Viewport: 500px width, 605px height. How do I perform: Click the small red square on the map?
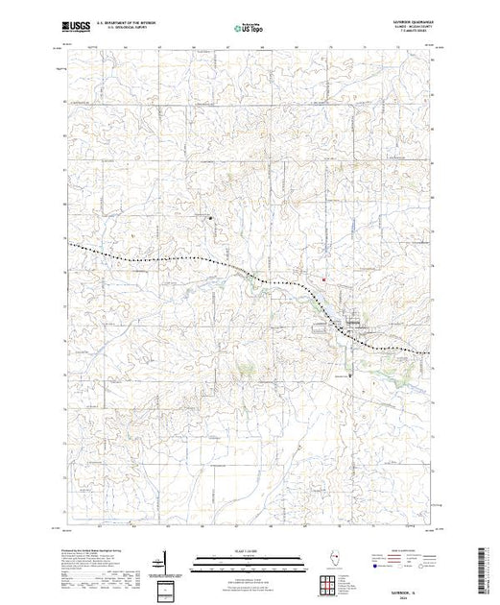pos(323,280)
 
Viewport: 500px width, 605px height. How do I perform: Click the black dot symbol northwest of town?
pos(212,215)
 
